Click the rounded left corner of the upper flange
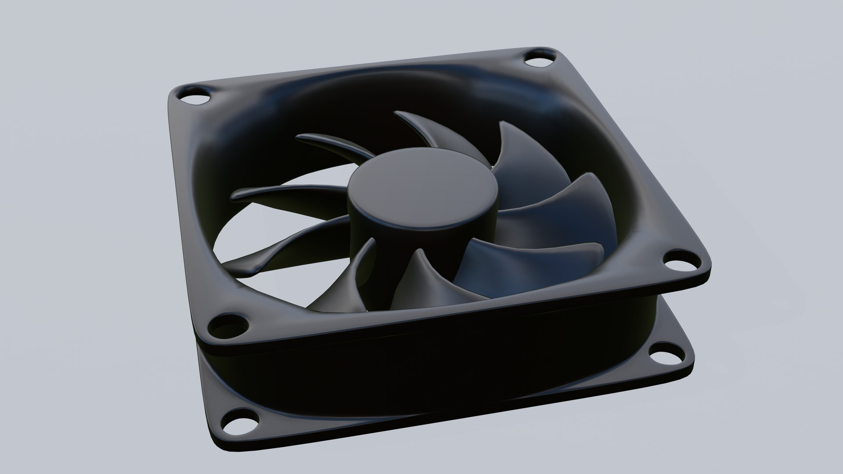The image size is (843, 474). coord(173,94)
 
